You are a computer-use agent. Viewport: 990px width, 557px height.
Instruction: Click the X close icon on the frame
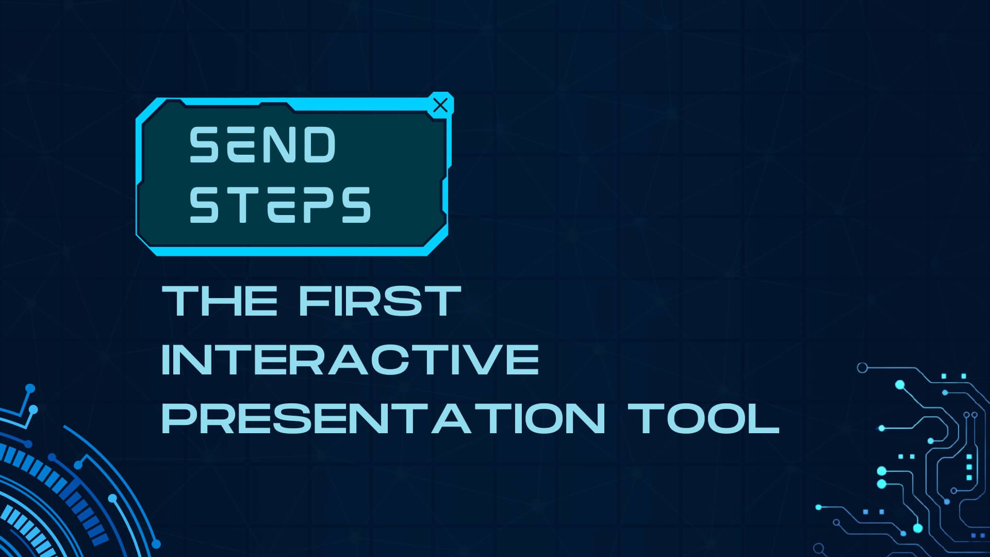click(440, 105)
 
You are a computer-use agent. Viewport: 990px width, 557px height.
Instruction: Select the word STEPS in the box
click(280, 205)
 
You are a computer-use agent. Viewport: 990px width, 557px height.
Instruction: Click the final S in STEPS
click(355, 205)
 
